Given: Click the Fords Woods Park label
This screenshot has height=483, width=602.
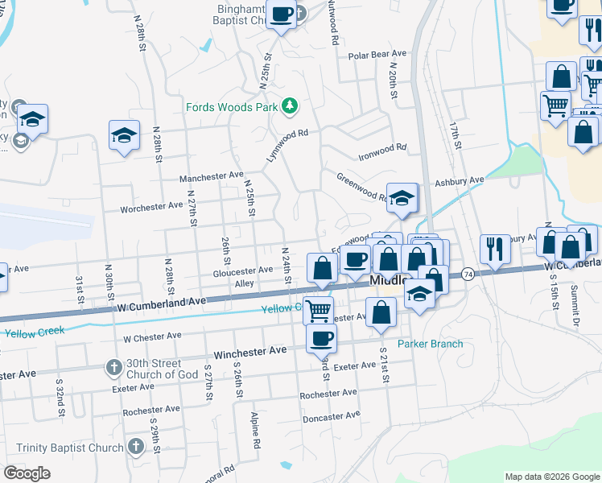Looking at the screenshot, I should coord(230,107).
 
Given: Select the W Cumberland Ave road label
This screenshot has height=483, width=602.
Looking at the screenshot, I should coord(162,304).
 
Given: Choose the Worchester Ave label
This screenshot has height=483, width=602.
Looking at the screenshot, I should coord(151,207).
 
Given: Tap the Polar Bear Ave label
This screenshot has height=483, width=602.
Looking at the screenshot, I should coord(378,56).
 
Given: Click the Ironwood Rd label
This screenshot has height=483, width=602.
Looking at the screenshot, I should coord(382,149).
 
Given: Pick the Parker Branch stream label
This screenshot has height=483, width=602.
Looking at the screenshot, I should coord(435,344).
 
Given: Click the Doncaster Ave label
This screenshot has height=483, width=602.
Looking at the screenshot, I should coord(331,416).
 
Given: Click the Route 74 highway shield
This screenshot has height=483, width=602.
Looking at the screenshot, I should coord(468,275).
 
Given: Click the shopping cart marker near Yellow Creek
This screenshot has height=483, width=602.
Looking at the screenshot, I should coord(319,309).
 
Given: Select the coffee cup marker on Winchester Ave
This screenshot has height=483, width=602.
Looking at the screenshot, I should coord(321,338).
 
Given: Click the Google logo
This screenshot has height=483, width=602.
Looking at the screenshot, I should coord(27,473).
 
